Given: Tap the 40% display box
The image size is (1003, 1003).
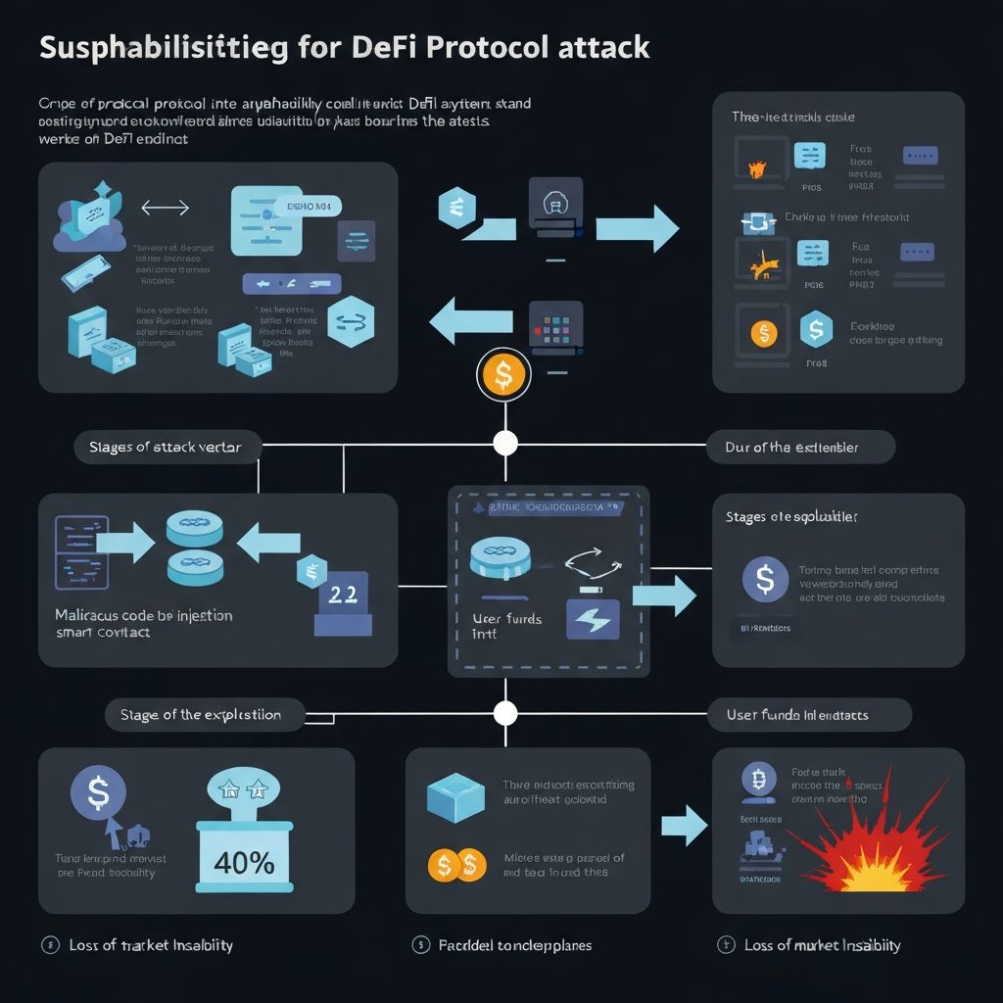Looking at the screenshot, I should [244, 862].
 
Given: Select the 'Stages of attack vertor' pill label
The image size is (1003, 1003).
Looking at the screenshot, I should [166, 448].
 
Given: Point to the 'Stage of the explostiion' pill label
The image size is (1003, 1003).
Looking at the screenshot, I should [200, 714].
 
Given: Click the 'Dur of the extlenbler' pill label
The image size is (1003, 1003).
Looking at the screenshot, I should [800, 447].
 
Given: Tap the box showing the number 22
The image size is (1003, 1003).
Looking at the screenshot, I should [343, 598].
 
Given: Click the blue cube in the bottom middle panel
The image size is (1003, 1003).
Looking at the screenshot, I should [455, 796].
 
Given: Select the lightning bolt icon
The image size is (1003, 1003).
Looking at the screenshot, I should [594, 619].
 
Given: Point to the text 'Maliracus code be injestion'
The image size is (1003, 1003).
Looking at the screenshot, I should [144, 616].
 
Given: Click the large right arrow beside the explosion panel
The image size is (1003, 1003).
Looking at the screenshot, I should [684, 826].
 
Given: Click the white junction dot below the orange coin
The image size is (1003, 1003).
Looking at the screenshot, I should [505, 443].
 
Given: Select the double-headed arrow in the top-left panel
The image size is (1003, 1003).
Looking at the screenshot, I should [165, 208].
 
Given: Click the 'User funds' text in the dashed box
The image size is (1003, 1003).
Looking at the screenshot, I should [506, 619].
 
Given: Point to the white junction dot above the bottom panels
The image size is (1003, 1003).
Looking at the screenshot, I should [505, 712].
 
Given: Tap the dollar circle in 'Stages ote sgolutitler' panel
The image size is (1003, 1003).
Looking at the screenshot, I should [765, 579].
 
